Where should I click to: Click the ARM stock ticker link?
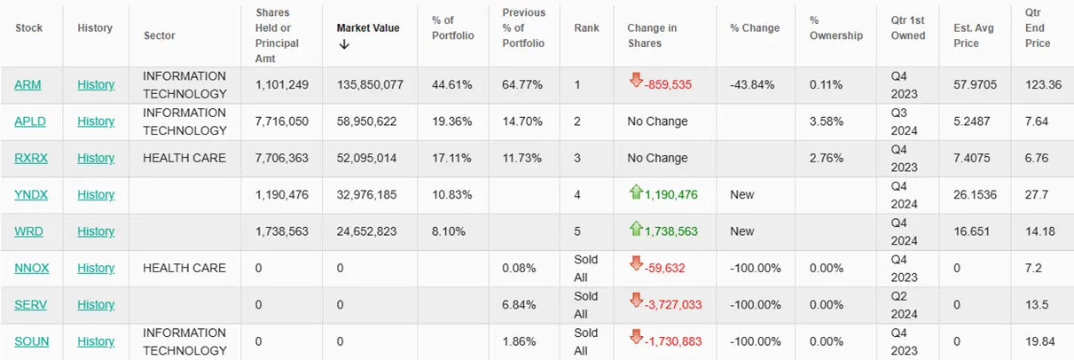[27, 85]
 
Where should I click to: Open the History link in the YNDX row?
[96, 194]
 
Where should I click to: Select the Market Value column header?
[368, 27]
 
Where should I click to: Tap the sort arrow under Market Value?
[344, 44]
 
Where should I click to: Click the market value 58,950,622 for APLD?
[366, 121]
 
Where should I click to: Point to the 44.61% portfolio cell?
[451, 85]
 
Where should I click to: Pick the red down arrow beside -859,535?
[636, 80]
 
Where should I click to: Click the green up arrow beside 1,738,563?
[636, 229]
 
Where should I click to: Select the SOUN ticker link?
[32, 341]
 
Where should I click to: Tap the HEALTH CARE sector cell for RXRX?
[184, 158]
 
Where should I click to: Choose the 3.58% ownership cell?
[826, 121]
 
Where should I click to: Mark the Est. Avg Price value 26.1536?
[975, 194]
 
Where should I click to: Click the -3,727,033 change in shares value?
[672, 305]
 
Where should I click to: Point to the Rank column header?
[586, 27]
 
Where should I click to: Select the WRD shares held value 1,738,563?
[281, 231]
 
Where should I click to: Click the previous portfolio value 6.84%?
[519, 305]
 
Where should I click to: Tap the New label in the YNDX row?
[741, 194]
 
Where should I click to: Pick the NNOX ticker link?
[32, 268]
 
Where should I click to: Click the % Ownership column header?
[835, 27]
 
